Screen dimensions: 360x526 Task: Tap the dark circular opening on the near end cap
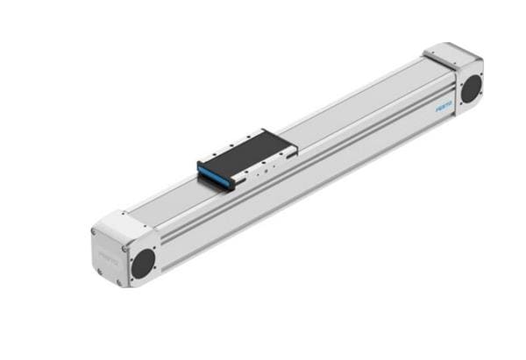coord(142,259)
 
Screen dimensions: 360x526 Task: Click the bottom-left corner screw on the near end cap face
coord(99,272)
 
